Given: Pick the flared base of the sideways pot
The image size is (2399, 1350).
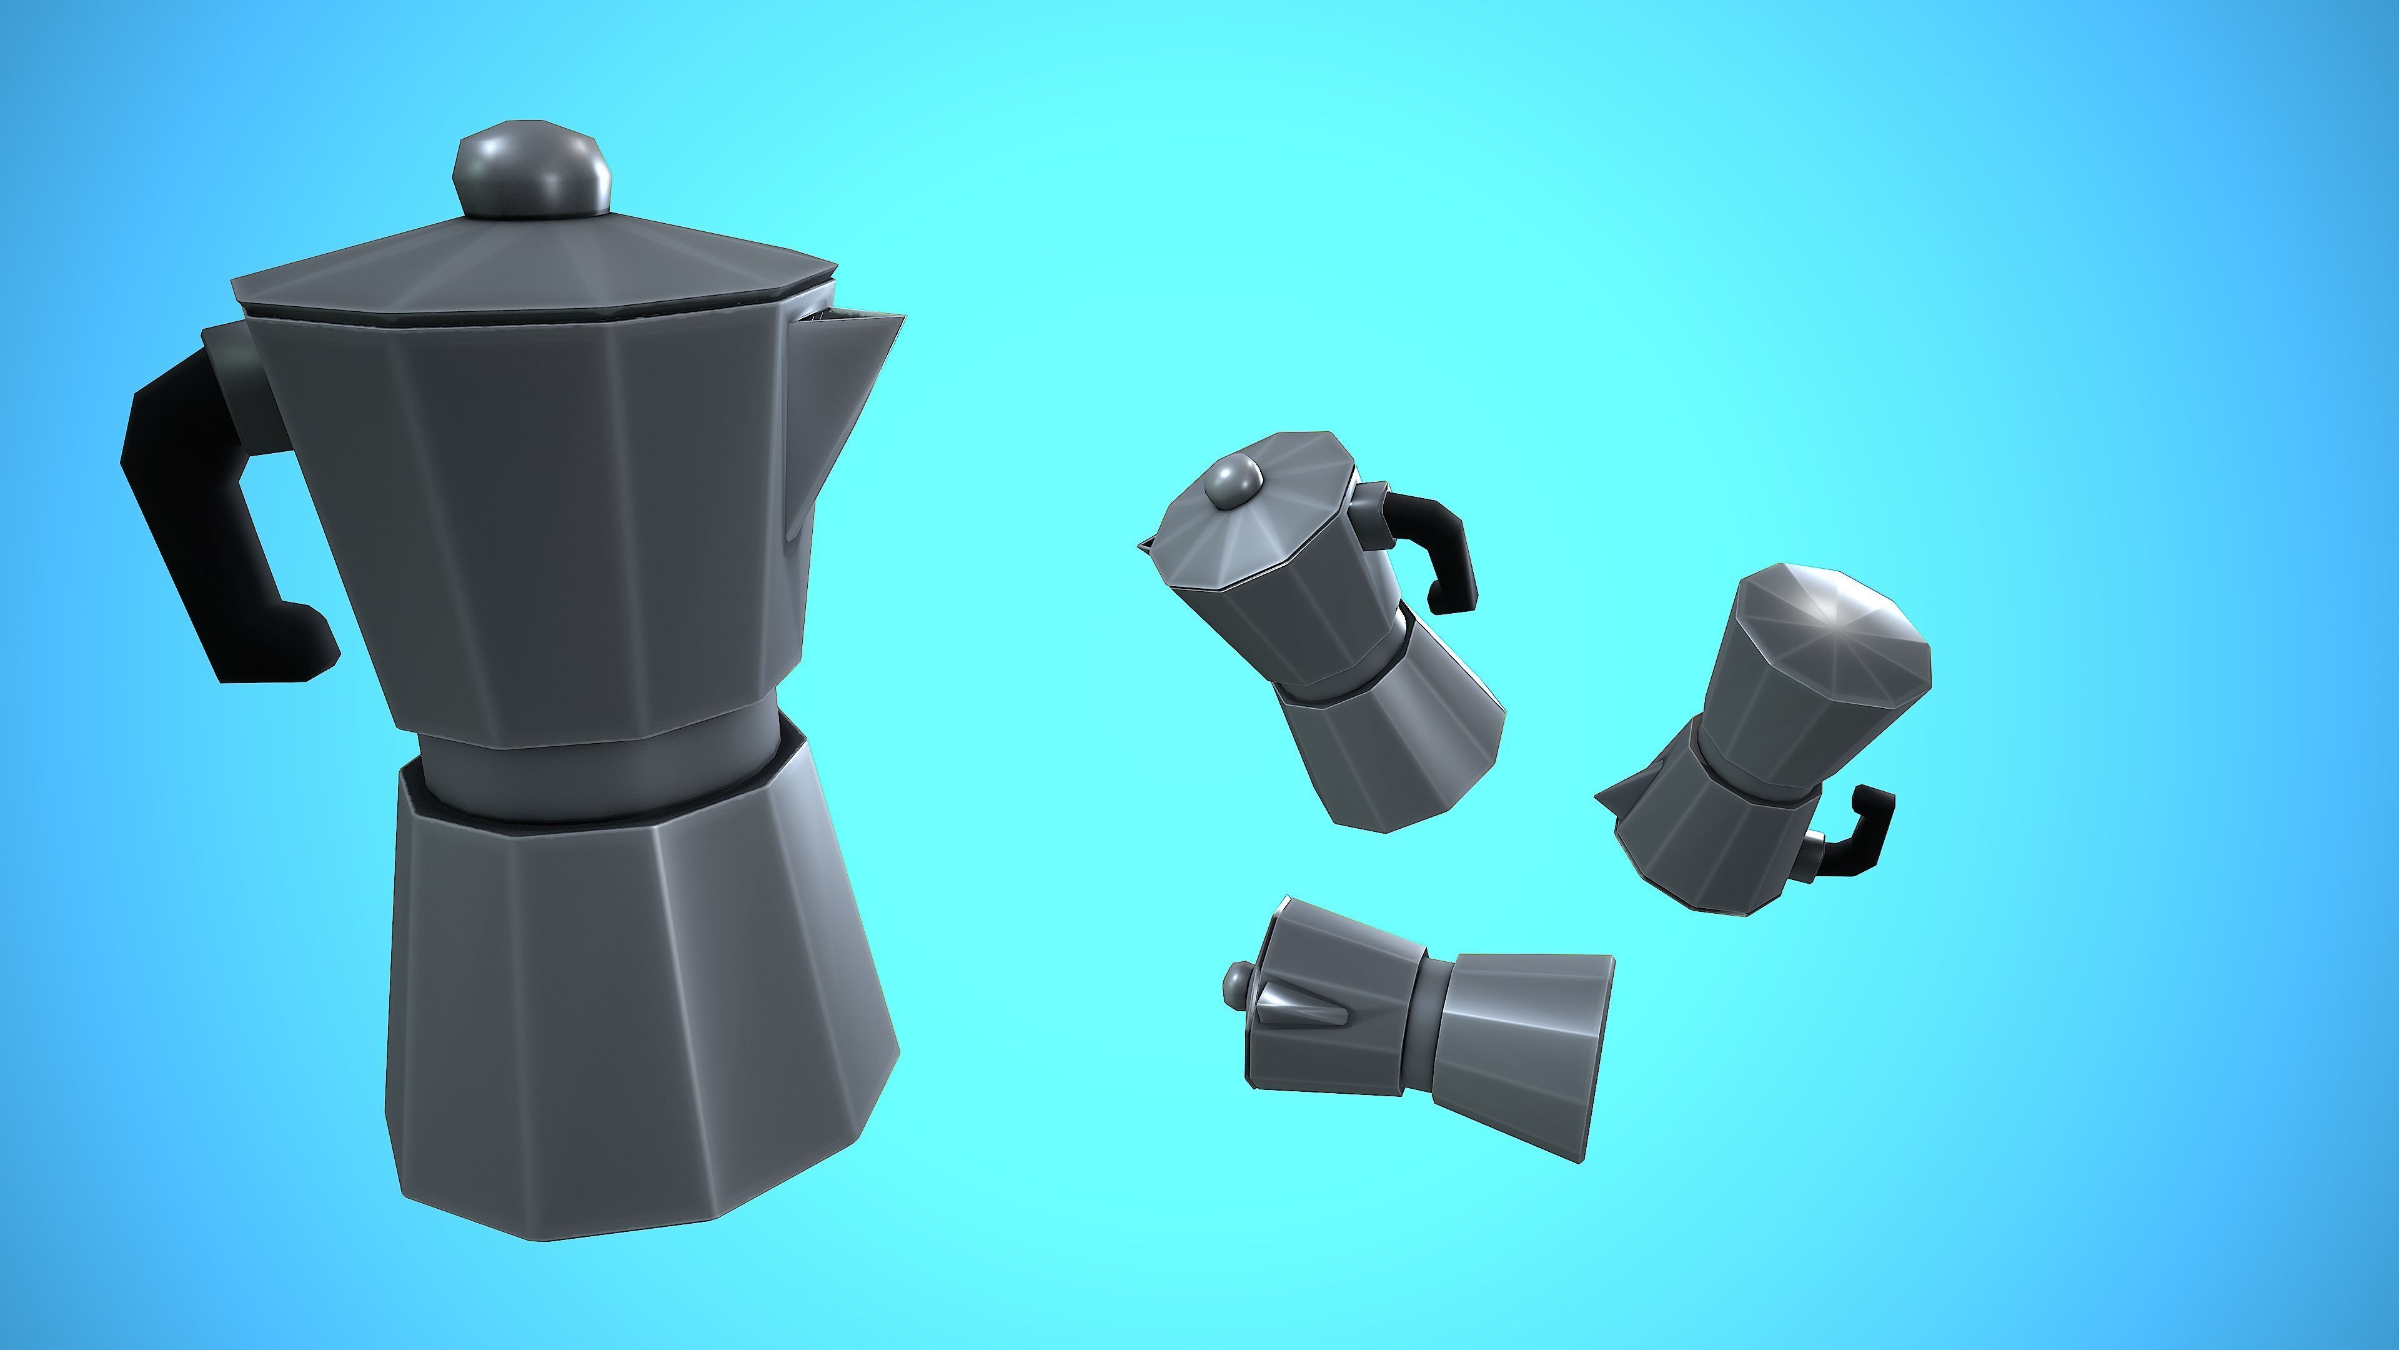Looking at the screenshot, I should [1518, 1052].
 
